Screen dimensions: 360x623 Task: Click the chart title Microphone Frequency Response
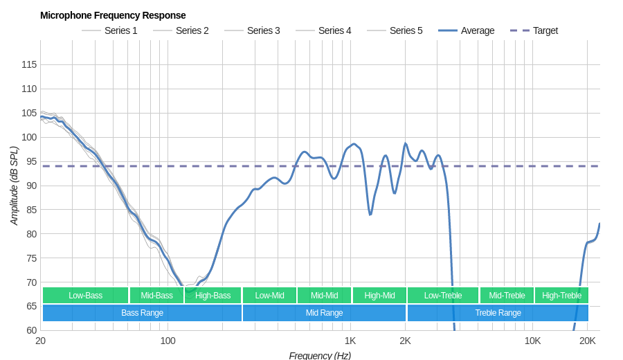113,15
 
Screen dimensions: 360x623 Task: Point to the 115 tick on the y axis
29,64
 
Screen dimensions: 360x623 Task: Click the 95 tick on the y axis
29,161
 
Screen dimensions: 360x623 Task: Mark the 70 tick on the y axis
29,282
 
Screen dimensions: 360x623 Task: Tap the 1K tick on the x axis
350,341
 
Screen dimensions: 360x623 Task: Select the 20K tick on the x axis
587,341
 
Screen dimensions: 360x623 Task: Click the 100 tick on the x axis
168,341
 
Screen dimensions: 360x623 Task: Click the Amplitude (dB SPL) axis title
14,186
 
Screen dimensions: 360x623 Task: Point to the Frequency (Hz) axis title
320,355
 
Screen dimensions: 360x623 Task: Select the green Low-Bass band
85,296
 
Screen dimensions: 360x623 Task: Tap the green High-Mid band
379,296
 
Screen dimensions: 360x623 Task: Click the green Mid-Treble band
507,296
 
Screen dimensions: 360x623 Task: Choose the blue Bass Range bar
142,313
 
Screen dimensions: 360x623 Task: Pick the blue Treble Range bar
498,313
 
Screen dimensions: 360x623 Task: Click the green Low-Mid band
269,296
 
